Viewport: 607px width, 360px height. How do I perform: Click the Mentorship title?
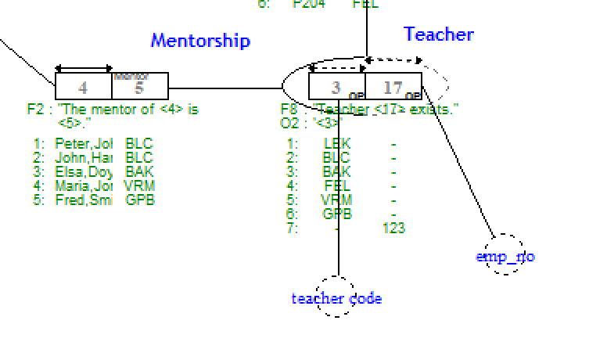click(x=200, y=40)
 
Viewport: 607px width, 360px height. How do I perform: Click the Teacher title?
click(x=438, y=34)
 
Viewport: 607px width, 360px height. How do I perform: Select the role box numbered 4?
click(x=84, y=87)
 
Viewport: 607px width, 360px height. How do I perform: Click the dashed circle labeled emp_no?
click(x=505, y=255)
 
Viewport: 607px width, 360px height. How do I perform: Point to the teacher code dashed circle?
click(x=336, y=297)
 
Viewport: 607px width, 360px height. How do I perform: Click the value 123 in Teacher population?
click(x=393, y=228)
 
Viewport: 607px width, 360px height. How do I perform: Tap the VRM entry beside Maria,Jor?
click(x=139, y=186)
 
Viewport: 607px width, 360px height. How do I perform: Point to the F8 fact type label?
click(x=289, y=110)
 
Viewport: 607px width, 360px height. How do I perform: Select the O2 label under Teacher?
click(x=289, y=123)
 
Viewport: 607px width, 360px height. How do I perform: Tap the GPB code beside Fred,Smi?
click(x=139, y=200)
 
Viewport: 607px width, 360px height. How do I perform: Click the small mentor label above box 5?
click(x=131, y=76)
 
